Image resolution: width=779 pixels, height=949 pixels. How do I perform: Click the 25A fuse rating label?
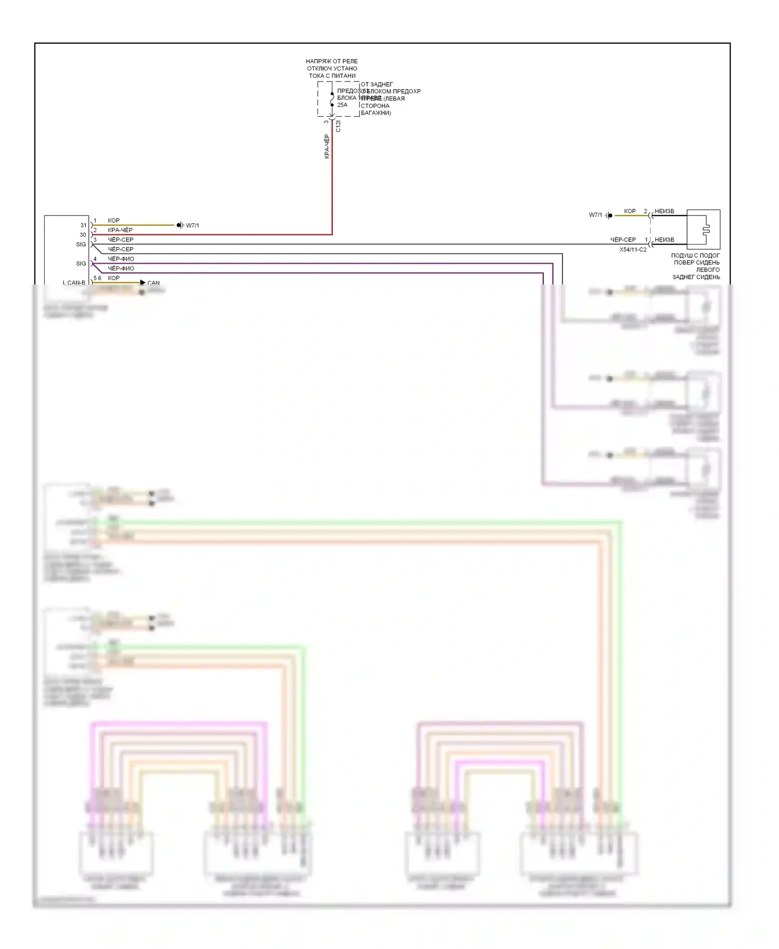[342, 105]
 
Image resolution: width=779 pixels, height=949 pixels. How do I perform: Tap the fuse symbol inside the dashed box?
[332, 99]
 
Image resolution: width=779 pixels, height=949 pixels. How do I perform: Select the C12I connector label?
[338, 126]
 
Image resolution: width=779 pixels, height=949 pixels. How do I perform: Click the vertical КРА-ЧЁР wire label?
[327, 146]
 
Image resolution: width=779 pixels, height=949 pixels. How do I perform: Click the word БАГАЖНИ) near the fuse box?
[376, 113]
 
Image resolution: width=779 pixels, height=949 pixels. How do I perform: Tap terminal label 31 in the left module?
[83, 225]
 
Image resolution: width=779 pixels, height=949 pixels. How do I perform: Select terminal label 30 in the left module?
[83, 235]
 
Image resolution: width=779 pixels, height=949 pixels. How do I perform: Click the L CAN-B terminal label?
[74, 283]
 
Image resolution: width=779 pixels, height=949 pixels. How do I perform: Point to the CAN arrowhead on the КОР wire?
[143, 282]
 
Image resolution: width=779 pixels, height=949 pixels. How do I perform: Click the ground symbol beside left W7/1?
[179, 225]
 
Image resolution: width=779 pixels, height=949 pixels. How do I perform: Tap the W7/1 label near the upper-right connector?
[595, 215]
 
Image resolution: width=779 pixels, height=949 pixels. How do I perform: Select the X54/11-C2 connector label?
[633, 250]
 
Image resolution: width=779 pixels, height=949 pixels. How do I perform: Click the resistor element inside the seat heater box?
[705, 229]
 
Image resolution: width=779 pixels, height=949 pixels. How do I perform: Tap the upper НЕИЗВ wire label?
[664, 211]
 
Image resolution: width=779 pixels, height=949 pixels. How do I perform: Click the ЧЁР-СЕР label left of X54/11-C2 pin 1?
[623, 240]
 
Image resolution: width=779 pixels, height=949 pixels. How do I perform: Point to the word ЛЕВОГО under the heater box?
[708, 270]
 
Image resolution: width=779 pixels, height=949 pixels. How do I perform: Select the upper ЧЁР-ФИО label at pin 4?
[121, 259]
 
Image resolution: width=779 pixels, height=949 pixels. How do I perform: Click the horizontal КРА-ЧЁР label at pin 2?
[120, 230]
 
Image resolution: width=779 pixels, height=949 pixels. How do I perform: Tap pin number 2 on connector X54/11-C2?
[646, 211]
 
